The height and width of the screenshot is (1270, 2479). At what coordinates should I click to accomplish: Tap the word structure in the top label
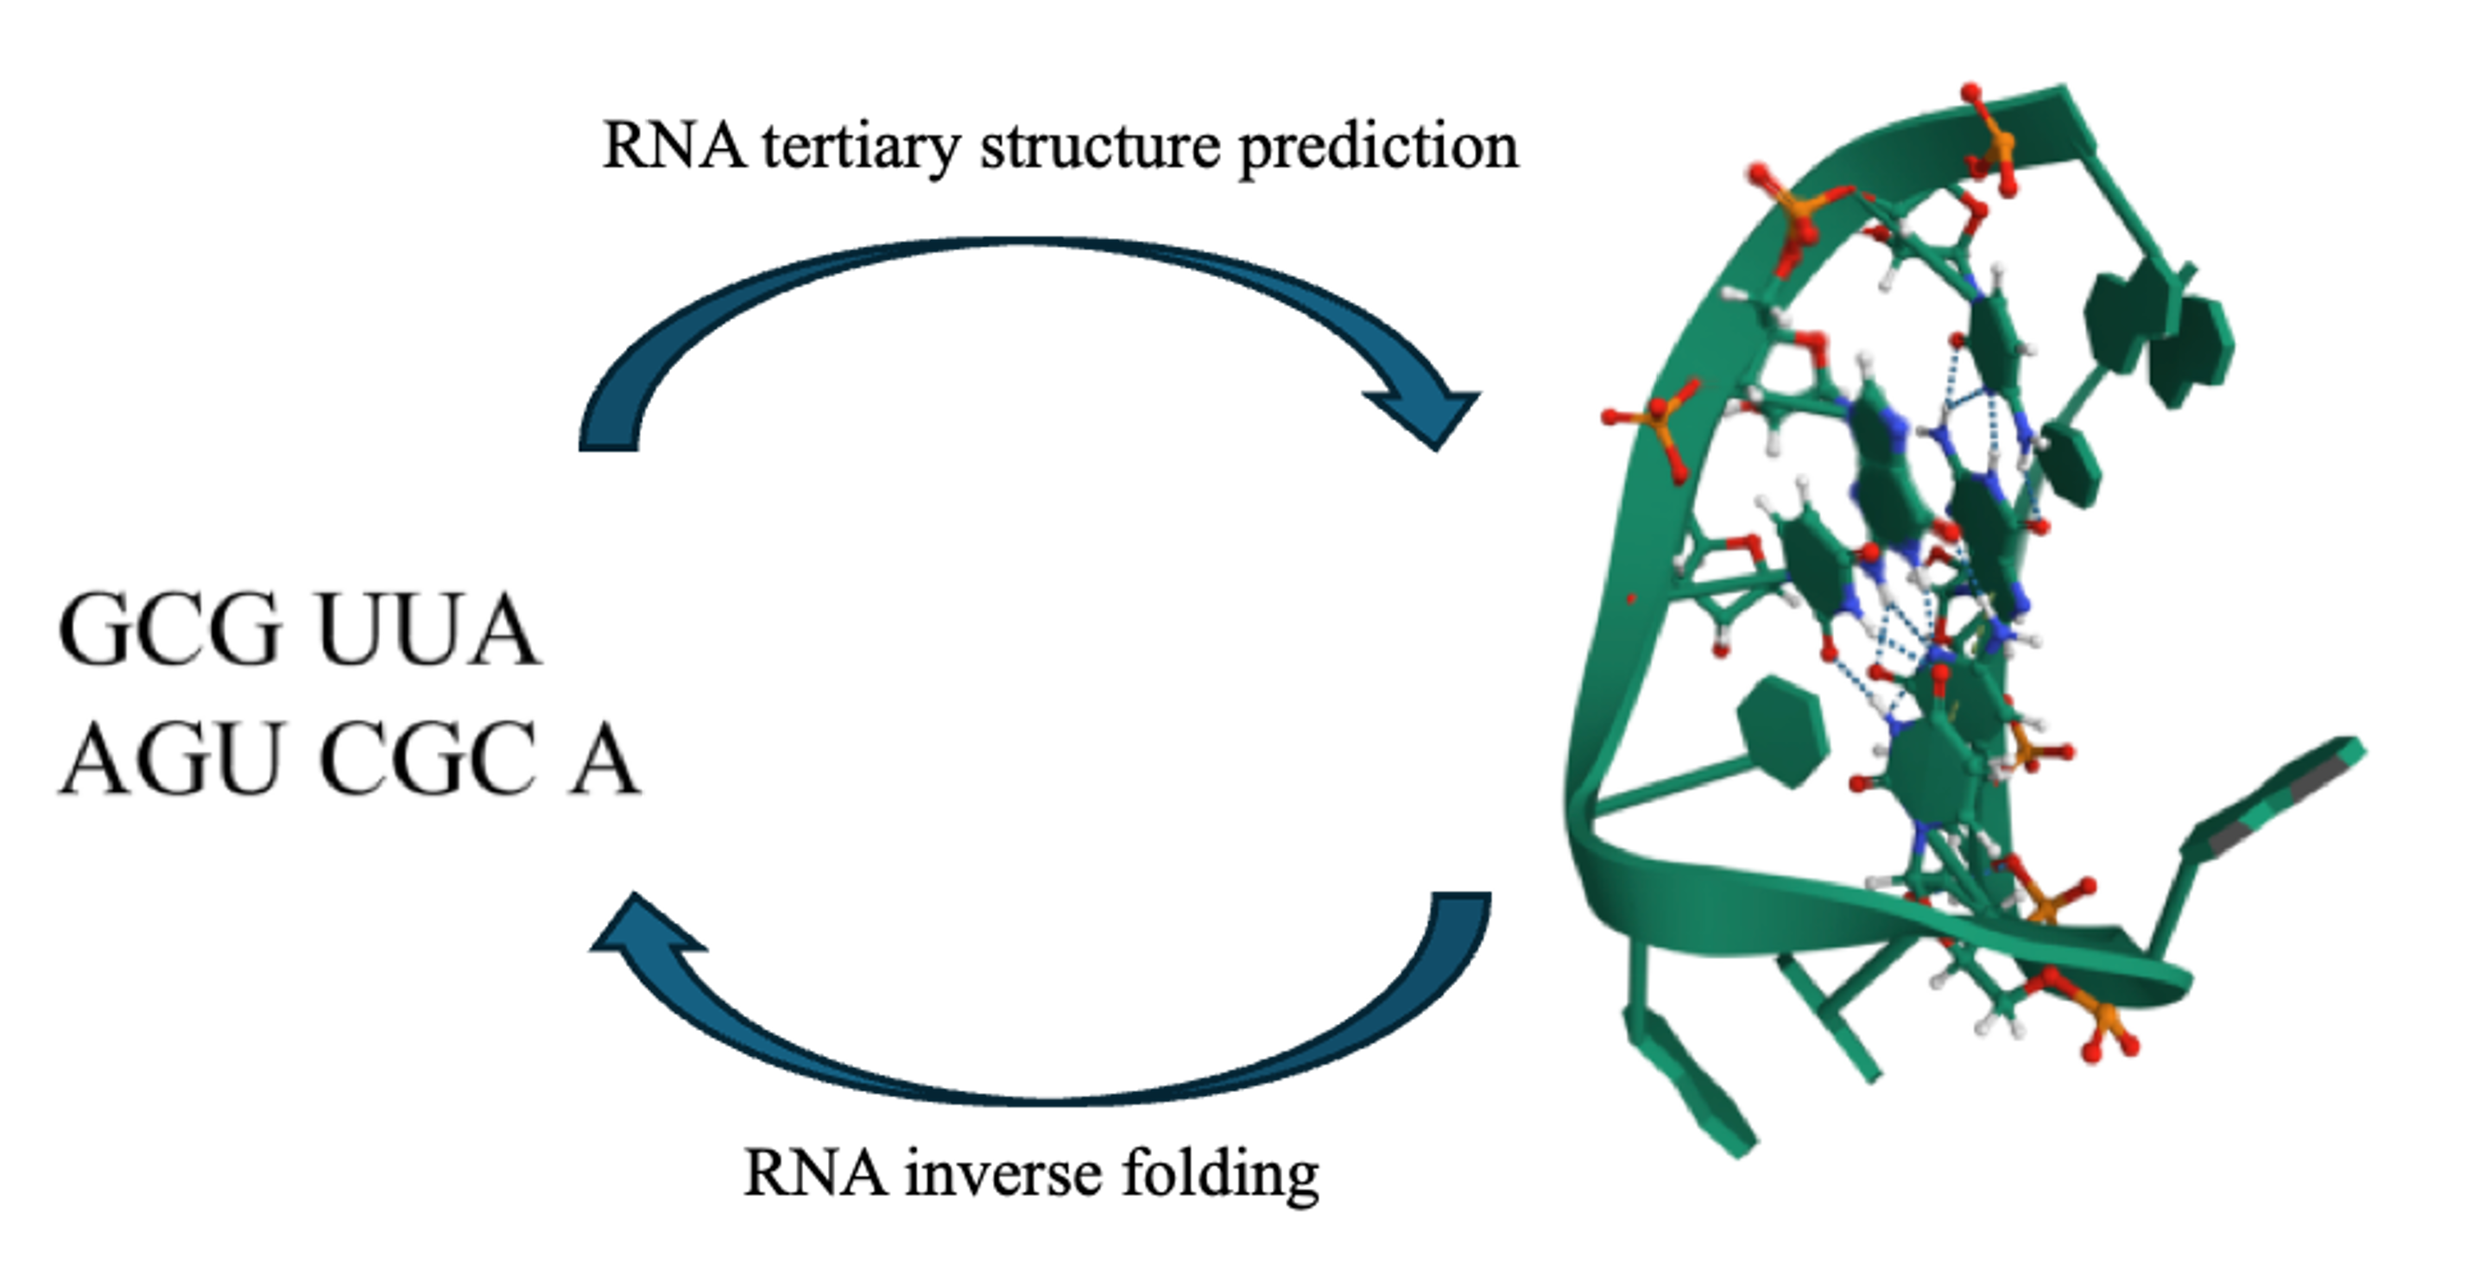[x=1100, y=148]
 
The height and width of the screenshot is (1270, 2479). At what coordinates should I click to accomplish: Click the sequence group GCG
[x=170, y=629]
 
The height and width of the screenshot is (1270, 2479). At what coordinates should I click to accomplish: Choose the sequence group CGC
[x=428, y=759]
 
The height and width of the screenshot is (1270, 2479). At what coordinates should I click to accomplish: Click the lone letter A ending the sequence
[x=604, y=759]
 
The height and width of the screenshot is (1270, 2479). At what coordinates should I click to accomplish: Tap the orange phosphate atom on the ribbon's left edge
[x=1659, y=418]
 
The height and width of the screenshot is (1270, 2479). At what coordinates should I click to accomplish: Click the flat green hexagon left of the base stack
[x=1781, y=732]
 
